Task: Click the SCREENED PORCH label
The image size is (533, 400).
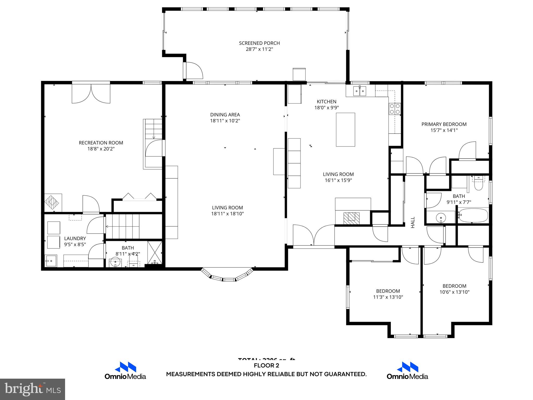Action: point(259,43)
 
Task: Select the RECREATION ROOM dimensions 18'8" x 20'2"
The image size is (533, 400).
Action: point(101,149)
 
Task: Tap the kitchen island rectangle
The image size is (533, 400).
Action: point(345,129)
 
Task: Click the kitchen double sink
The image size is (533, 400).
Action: point(360,91)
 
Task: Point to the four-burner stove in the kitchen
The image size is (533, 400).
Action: point(395,109)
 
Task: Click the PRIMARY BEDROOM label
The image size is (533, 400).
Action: point(444,124)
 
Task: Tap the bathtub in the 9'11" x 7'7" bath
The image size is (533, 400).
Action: point(473,215)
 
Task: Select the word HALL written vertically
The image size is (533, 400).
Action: point(413,222)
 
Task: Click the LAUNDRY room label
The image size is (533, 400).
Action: point(75,238)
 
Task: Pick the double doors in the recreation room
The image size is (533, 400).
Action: point(91,93)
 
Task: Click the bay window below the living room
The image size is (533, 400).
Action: point(227,276)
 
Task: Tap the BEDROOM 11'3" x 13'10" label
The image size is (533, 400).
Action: point(388,291)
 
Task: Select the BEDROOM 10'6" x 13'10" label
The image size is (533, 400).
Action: point(454,286)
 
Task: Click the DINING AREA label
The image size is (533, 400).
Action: point(225,115)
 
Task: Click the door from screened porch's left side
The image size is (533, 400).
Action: point(193,70)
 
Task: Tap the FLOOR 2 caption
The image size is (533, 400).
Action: point(266,366)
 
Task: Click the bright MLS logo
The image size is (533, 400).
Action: point(33,389)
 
